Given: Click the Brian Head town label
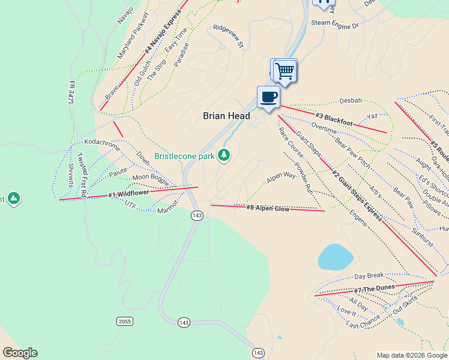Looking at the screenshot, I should point(226,116).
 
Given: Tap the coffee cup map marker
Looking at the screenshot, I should point(268,97).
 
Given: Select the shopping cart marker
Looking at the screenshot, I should point(285,71).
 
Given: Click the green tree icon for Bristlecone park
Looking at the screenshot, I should point(224,155).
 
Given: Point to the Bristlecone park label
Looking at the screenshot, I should point(184,156).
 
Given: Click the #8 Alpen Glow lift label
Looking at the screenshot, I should point(268,209).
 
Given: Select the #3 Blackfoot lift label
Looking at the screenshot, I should point(334,118).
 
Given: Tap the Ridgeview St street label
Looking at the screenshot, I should point(229,35).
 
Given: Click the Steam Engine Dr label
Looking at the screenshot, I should point(334,25).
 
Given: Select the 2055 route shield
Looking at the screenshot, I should point(124,322).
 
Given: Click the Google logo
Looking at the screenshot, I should point(20,353).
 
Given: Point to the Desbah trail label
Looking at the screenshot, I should point(351,100).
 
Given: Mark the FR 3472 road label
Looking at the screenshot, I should point(71,95).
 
